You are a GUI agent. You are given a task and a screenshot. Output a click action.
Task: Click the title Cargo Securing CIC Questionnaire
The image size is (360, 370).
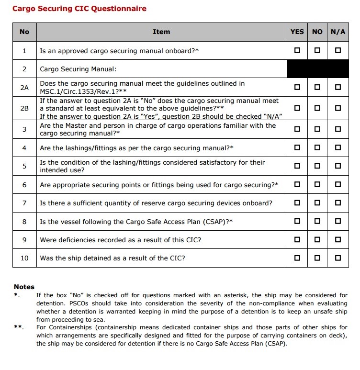[x=79, y=8]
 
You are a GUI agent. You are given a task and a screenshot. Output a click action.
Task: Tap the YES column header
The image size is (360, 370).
[x=297, y=32]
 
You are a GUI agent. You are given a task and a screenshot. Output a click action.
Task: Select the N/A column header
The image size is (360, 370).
[x=338, y=32]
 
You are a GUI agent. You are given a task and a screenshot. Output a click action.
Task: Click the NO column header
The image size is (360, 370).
[x=317, y=32]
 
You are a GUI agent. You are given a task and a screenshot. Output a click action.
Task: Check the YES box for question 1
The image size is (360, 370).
[x=297, y=50]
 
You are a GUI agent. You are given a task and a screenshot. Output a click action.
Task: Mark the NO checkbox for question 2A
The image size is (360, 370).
[x=317, y=88]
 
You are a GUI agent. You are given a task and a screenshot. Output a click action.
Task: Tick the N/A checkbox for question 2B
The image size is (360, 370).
[x=338, y=108]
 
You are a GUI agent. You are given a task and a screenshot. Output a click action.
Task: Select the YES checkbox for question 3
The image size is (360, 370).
[x=297, y=129]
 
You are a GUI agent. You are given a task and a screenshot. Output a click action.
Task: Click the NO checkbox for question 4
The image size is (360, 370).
[x=317, y=148]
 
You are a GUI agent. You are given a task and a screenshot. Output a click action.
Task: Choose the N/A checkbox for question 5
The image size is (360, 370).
[x=338, y=166]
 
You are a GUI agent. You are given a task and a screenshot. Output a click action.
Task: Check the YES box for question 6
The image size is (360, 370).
[x=297, y=184]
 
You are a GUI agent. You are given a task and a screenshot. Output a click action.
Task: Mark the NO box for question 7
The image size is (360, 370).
[x=317, y=203]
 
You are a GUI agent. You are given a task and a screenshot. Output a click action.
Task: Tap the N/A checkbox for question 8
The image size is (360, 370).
[x=338, y=221]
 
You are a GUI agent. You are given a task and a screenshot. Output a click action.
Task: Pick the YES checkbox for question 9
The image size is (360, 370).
[x=297, y=240]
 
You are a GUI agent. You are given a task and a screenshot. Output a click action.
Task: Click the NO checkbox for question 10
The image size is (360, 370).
[x=317, y=258]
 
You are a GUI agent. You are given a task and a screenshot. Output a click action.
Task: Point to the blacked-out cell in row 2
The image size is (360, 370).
[x=317, y=69]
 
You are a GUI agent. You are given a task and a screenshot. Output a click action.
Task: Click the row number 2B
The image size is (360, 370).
[x=24, y=108]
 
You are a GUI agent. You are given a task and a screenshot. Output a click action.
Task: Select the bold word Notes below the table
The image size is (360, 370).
[x=24, y=287]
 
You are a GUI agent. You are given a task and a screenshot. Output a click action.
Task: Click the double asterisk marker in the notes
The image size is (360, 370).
[x=18, y=327]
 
